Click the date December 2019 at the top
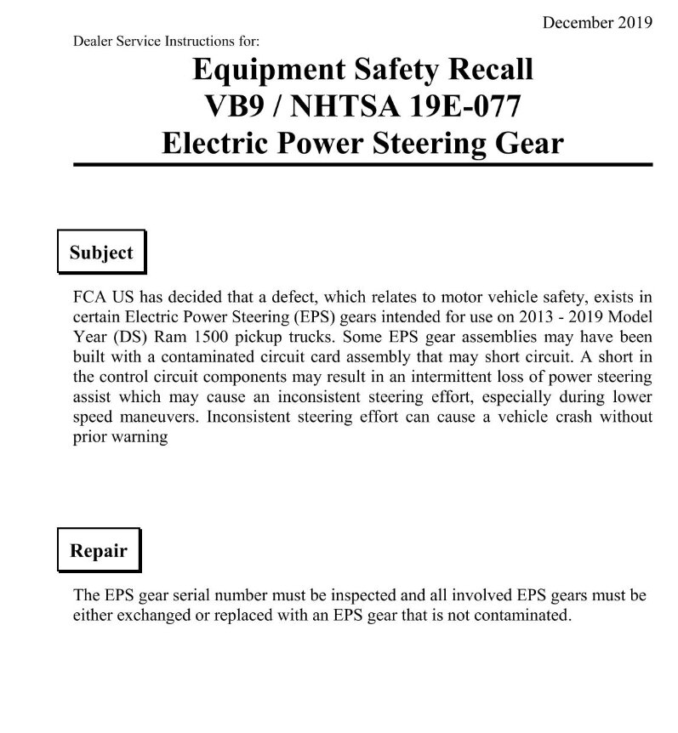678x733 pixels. [597, 22]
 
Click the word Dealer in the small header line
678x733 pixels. [94, 40]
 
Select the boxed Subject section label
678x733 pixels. [101, 253]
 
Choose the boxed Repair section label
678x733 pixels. [99, 550]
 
